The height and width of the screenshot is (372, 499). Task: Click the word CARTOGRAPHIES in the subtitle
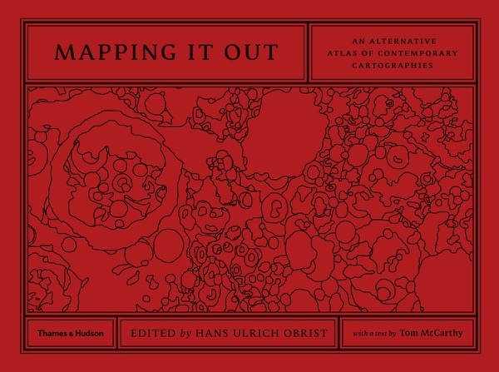tap(392, 63)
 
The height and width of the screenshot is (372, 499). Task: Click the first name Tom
tap(407, 334)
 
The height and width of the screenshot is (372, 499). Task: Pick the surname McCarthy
tap(445, 334)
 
